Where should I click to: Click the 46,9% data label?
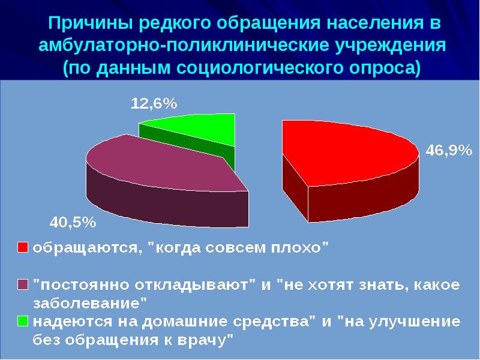[x=448, y=151]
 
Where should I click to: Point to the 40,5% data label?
[x=72, y=223]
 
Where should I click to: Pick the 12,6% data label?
[x=154, y=103]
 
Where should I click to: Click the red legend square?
[x=22, y=248]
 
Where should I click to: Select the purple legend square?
[x=22, y=283]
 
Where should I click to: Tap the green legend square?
[x=22, y=321]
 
